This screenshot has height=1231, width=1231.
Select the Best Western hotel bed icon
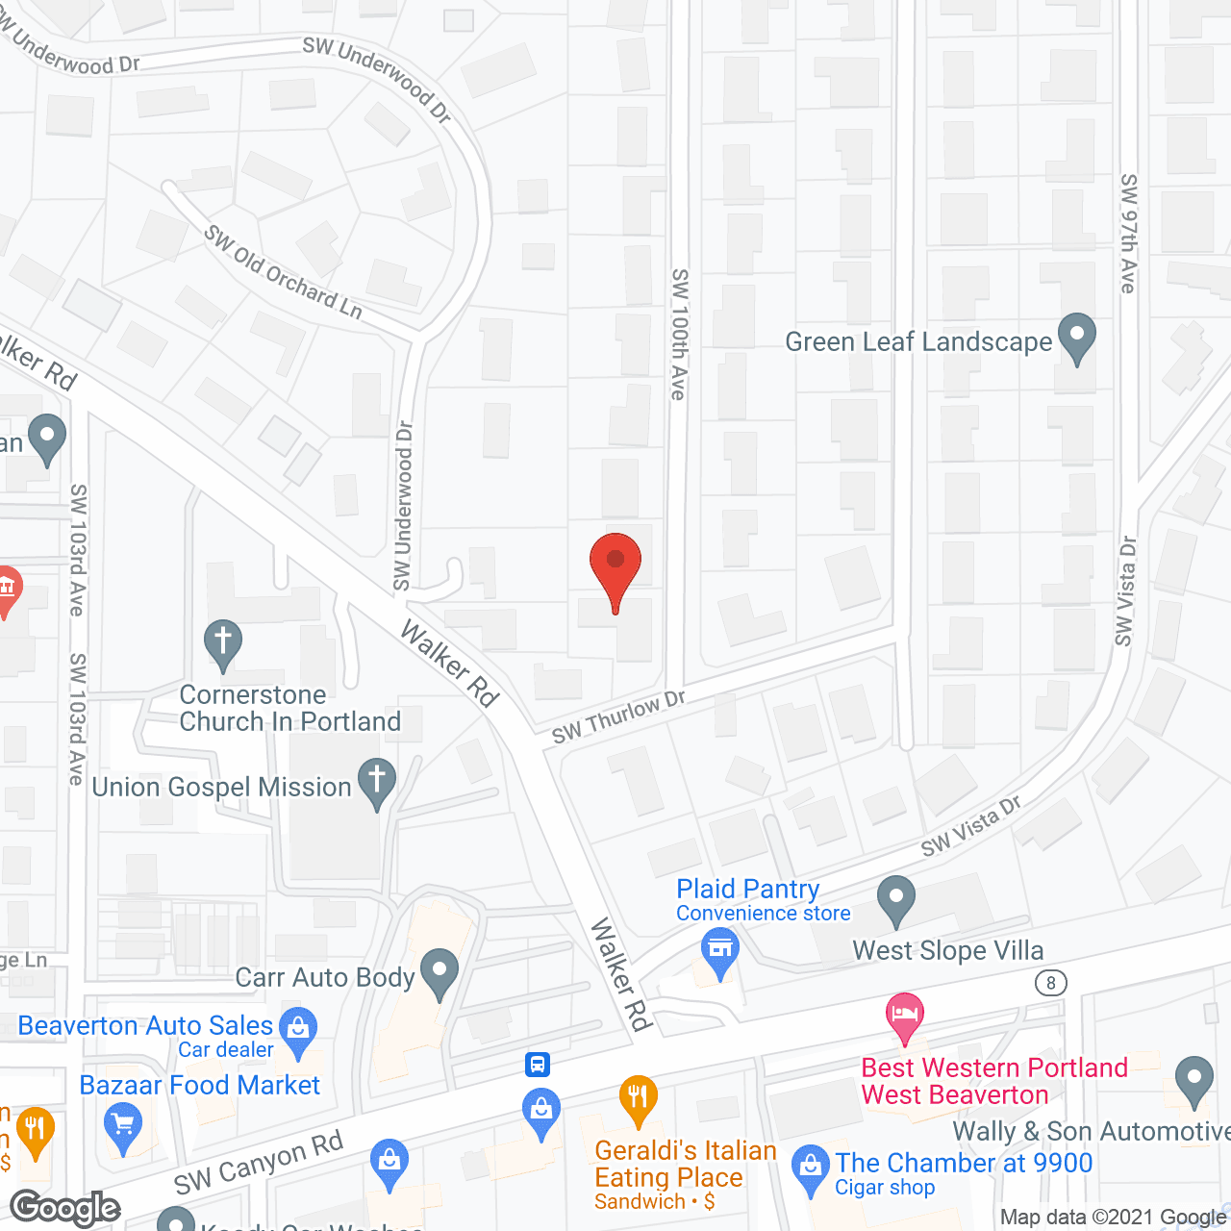click(904, 1015)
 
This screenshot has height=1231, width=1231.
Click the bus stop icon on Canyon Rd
click(538, 1064)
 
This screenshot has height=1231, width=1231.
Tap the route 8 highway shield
click(1051, 982)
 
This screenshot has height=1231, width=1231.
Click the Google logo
click(65, 1208)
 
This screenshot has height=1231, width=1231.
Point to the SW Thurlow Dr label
click(617, 717)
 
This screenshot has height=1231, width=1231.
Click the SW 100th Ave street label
click(679, 334)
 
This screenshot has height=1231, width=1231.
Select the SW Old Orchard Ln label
click(284, 272)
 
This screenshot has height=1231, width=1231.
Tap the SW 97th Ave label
click(1129, 234)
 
